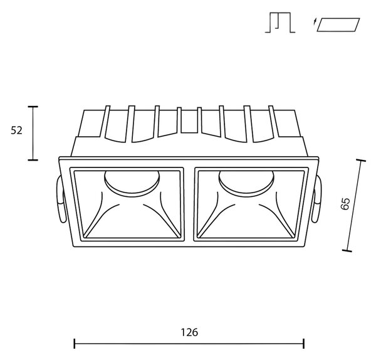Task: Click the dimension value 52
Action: pyautogui.click(x=16, y=130)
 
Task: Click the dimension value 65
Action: pyautogui.click(x=345, y=204)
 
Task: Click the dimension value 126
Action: pyautogui.click(x=189, y=332)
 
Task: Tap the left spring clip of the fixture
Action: pyautogui.click(x=60, y=199)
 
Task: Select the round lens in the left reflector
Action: pyautogui.click(x=132, y=184)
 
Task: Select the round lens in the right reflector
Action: pyautogui.click(x=246, y=184)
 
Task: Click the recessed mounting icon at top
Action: pyautogui.click(x=280, y=23)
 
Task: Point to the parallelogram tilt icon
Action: pyautogui.click(x=338, y=24)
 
